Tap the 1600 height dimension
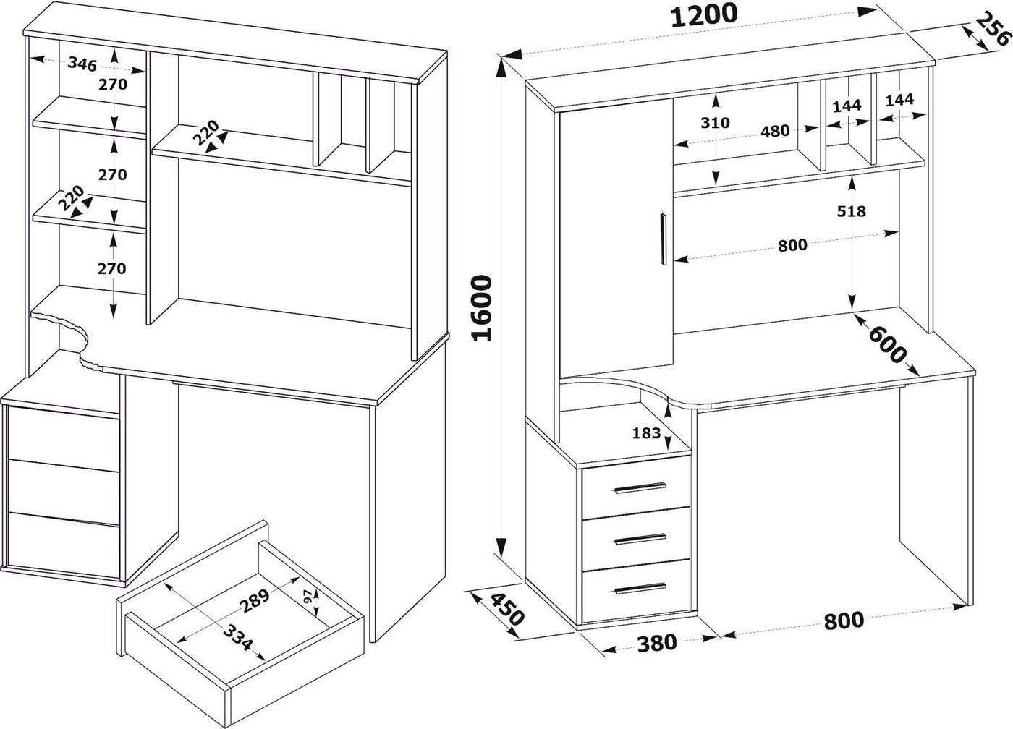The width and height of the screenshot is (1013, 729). (x=481, y=307)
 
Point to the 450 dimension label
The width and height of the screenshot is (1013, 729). (x=506, y=610)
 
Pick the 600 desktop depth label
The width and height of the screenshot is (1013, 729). (x=886, y=346)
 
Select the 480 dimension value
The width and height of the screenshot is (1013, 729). (x=775, y=132)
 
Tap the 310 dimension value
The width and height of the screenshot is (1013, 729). (x=715, y=122)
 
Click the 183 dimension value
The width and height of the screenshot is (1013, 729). (x=646, y=433)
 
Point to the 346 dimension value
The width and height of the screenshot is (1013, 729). (x=82, y=64)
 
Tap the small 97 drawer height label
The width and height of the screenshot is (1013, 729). (x=307, y=597)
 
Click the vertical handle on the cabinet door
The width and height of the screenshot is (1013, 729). (x=663, y=239)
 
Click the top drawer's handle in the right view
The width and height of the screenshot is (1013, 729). (x=640, y=488)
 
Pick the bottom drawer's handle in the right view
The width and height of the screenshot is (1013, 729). (x=640, y=588)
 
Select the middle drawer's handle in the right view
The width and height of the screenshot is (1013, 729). (x=640, y=539)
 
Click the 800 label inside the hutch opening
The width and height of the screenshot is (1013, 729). (x=792, y=245)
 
